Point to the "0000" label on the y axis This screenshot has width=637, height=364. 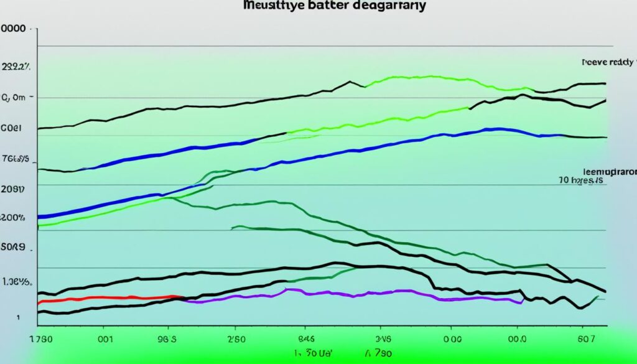click(x=17, y=29)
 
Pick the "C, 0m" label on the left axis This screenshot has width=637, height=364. click(x=14, y=98)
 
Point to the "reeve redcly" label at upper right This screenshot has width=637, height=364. click(x=608, y=62)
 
